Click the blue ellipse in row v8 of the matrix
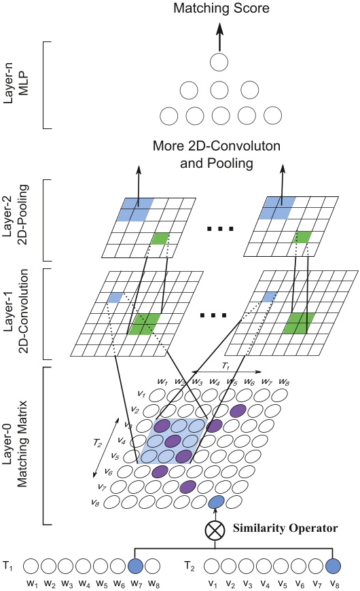tap(216, 502)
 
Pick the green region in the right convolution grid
tap(298, 321)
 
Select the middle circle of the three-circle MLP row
tap(219, 90)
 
